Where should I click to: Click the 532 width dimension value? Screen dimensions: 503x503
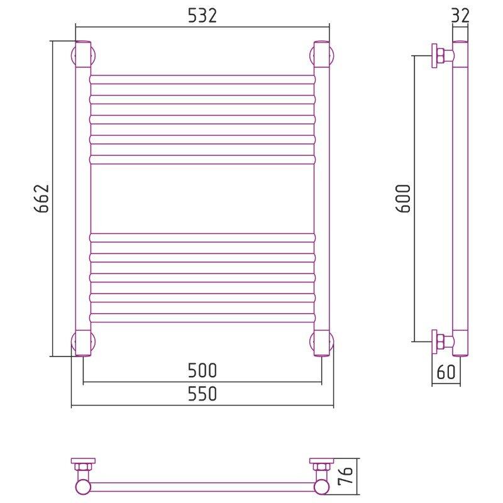[x=202, y=15]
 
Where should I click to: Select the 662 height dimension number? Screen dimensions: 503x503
[x=41, y=199]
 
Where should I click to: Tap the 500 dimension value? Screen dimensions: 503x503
[x=202, y=370]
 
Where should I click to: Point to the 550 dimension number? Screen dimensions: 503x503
[x=202, y=394]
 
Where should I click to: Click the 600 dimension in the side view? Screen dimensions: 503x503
[x=403, y=199]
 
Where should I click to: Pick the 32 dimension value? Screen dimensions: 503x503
[x=460, y=15]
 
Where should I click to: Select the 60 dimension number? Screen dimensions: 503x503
[x=446, y=372]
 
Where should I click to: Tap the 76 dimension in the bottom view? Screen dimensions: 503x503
[x=345, y=475]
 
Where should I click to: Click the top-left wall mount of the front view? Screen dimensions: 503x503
[x=84, y=55]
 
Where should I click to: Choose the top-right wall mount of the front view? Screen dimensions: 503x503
[x=322, y=55]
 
